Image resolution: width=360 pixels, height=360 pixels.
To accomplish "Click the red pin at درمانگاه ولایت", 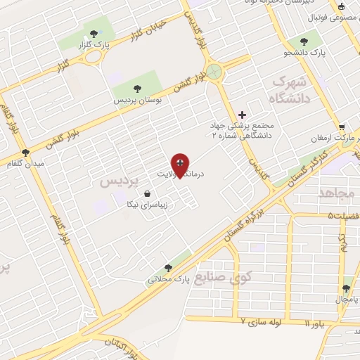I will pos(181,165).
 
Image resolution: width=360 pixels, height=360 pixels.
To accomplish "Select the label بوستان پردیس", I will pos(139,101).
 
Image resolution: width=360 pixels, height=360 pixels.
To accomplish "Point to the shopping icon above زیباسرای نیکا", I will pos(146,193).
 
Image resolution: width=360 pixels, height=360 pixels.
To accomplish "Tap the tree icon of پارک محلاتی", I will pos(168,267).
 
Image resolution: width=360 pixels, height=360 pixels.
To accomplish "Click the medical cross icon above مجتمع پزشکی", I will pos(243,114).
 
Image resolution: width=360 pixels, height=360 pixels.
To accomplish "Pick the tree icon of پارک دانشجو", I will pos(303,41).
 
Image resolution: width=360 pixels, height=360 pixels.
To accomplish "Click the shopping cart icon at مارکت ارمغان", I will pos(342,127).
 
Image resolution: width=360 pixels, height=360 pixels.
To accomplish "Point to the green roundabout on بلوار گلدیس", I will pos(214,71).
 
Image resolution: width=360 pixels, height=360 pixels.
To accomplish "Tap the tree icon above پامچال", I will pos(346,288).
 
